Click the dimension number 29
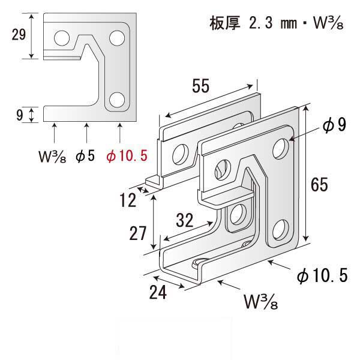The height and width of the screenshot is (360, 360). (x=19, y=35)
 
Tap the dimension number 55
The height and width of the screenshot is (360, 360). (x=201, y=86)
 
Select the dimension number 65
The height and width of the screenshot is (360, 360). (x=319, y=185)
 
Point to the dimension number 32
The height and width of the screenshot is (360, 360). (x=185, y=220)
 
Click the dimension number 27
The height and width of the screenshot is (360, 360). (x=138, y=233)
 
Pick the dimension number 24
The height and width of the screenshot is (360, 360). (x=158, y=292)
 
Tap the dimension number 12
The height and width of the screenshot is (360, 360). (x=128, y=200)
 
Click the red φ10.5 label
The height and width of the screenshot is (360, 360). (x=127, y=157)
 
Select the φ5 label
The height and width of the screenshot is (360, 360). (x=85, y=156)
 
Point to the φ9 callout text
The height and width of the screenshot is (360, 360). (x=334, y=125)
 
